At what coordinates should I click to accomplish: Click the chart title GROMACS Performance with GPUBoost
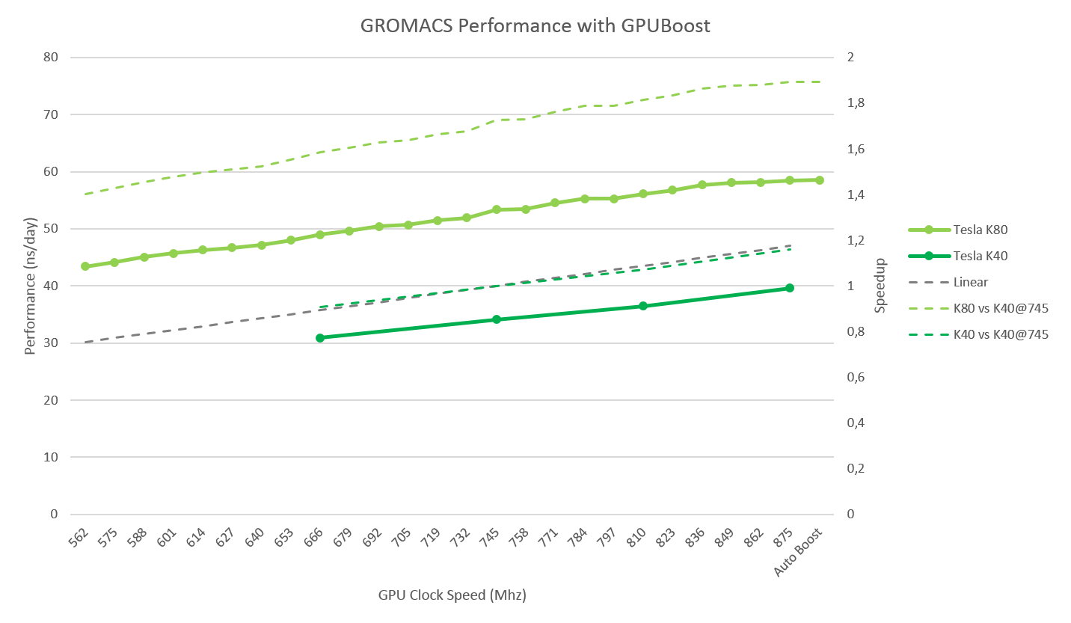click(x=535, y=25)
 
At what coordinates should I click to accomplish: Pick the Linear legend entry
click(x=970, y=282)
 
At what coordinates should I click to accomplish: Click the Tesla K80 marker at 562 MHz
click(x=85, y=266)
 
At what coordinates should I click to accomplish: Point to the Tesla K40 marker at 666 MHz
click(x=320, y=338)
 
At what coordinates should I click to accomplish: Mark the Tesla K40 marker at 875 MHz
click(x=790, y=288)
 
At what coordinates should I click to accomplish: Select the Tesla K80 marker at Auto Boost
click(x=820, y=180)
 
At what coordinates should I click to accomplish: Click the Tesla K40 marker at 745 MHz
click(x=496, y=319)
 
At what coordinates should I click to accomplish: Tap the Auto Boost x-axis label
click(x=800, y=552)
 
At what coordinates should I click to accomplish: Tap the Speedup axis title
click(x=881, y=285)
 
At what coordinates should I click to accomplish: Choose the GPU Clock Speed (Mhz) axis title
click(x=452, y=596)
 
